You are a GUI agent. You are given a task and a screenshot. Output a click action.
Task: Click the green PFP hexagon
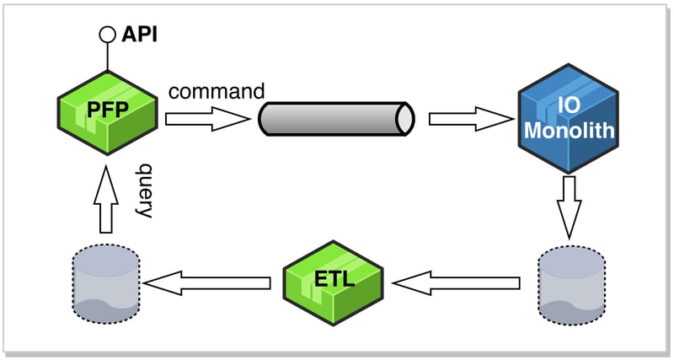tap(108, 113)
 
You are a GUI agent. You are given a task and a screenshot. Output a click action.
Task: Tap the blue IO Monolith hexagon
tap(568, 119)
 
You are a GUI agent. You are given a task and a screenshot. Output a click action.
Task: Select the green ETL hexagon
tap(333, 282)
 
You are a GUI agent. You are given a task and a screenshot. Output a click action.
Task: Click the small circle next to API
tap(108, 35)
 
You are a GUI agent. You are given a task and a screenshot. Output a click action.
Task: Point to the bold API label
tap(140, 35)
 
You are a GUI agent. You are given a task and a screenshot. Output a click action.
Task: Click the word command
tap(217, 91)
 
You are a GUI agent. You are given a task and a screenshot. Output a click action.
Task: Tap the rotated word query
tap(144, 191)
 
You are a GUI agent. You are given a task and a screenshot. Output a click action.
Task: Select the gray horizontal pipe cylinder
tap(336, 119)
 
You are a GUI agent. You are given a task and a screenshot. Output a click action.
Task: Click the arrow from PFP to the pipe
tap(207, 119)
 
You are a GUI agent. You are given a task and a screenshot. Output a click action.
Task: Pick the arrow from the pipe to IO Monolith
tap(471, 119)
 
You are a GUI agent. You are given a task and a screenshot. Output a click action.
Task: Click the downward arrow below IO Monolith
tap(570, 207)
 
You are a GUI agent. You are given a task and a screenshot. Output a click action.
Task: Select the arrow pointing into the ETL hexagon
tap(456, 283)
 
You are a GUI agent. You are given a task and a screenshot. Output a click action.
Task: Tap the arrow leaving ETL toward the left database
tap(206, 283)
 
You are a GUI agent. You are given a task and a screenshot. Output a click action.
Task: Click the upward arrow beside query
tap(106, 199)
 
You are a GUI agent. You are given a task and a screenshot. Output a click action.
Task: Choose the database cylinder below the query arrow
tap(106, 284)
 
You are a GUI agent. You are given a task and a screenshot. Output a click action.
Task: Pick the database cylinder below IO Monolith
tap(572, 285)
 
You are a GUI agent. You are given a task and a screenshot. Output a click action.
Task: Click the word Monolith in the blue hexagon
tap(570, 130)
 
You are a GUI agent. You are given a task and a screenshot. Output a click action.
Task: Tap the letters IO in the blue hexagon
tap(569, 105)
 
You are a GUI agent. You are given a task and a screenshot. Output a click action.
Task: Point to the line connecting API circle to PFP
tap(108, 56)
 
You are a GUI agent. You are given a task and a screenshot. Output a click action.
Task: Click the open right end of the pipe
tap(405, 119)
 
